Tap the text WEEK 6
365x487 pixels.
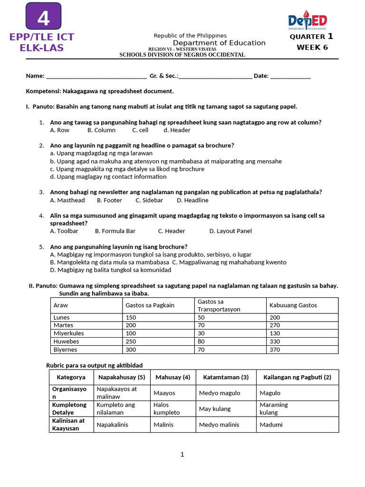pyautogui.click(x=312, y=47)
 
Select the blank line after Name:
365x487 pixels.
pyautogui.click(x=96, y=76)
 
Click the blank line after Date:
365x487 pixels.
pyautogui.click(x=290, y=76)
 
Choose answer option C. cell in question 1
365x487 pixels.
pyautogui.click(x=140, y=130)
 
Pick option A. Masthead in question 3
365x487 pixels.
pyautogui.click(x=67, y=200)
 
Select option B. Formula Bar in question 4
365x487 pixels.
pyautogui.click(x=115, y=231)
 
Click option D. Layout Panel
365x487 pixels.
pyautogui.click(x=231, y=231)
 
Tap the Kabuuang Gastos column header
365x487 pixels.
pyautogui.click(x=293, y=305)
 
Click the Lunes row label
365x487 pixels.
pyautogui.click(x=62, y=317)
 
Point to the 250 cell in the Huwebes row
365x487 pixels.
pyautogui.click(x=131, y=341)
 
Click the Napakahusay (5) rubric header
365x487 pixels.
pyautogui.click(x=122, y=377)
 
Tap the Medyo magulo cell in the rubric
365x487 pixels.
pyautogui.click(x=220, y=393)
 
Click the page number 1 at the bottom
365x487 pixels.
pyautogui.click(x=182, y=455)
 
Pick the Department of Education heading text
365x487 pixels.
pyautogui.click(x=219, y=43)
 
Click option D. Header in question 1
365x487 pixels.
pyautogui.click(x=177, y=130)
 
